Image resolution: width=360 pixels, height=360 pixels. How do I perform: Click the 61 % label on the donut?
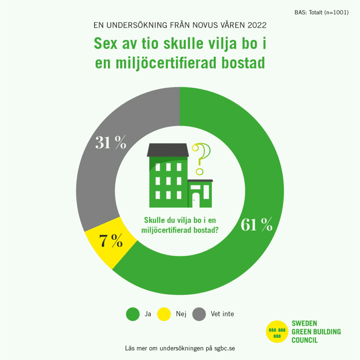click(256, 225)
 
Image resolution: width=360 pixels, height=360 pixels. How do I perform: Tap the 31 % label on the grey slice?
click(111, 143)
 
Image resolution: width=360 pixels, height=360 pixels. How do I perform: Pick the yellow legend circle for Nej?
click(163, 314)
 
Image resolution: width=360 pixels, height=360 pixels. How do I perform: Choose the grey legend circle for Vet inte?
click(199, 314)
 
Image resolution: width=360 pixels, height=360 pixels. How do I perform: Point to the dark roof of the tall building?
click(168, 150)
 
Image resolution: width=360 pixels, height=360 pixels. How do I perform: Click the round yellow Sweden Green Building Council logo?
click(277, 332)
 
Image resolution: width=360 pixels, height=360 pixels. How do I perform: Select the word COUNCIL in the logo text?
click(304, 340)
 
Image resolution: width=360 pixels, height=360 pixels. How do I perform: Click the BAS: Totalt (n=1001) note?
click(321, 13)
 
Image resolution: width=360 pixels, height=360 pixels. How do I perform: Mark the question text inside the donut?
click(180, 225)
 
